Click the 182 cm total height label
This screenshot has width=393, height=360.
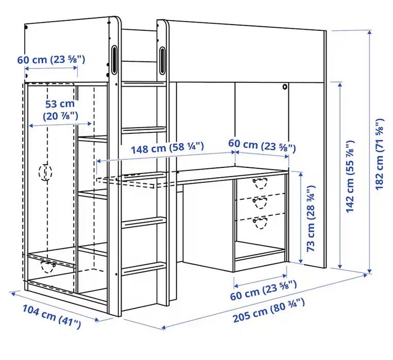(x=380, y=154)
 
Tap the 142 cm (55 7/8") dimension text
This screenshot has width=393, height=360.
(x=350, y=177)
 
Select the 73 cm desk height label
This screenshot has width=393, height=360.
(x=311, y=218)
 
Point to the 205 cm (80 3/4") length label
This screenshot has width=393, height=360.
(x=269, y=311)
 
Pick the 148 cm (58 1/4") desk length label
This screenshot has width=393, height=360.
(x=167, y=147)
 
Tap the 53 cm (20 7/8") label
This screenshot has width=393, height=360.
(x=60, y=110)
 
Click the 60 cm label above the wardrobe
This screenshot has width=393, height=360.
(x=51, y=60)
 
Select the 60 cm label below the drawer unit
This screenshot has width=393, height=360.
(x=263, y=290)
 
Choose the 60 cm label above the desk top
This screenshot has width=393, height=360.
(x=262, y=145)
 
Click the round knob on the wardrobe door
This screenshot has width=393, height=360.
(x=45, y=172)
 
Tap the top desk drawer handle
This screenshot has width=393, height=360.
(x=260, y=183)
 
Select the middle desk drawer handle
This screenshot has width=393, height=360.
(x=260, y=202)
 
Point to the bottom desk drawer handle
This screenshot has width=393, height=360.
(x=260, y=222)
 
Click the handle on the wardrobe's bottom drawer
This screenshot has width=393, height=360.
(x=48, y=266)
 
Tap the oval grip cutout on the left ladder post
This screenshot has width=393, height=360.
(x=114, y=59)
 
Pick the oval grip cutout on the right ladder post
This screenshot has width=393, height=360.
(x=162, y=61)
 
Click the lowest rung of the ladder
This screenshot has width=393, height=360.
(x=144, y=268)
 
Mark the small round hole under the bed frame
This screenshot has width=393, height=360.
(x=285, y=87)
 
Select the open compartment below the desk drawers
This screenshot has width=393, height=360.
(x=260, y=250)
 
